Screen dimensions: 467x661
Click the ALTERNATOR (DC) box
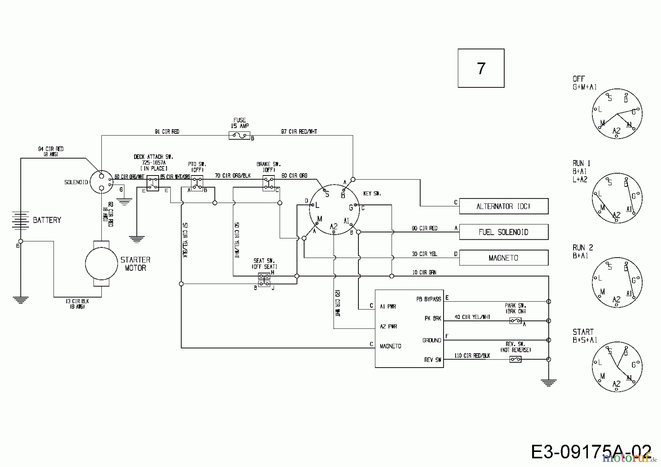[503, 206]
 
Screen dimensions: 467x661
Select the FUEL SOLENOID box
[503, 232]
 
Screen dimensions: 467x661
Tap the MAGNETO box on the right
[503, 258]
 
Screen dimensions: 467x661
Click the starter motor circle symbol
[101, 263]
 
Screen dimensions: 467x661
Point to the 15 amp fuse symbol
[239, 136]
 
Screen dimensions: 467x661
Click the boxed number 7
[481, 68]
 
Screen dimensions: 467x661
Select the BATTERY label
[47, 220]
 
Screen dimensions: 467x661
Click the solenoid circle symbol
[102, 181]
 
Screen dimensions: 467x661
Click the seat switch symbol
[264, 280]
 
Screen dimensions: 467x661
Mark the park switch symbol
[516, 321]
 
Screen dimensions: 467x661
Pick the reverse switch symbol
[516, 359]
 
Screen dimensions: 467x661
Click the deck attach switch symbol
[153, 183]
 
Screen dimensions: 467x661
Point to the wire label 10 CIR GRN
[424, 272]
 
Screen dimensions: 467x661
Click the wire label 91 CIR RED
[167, 131]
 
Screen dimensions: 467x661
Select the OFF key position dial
[617, 114]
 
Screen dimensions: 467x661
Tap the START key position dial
[617, 367]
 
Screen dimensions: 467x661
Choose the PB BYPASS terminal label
[429, 299]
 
